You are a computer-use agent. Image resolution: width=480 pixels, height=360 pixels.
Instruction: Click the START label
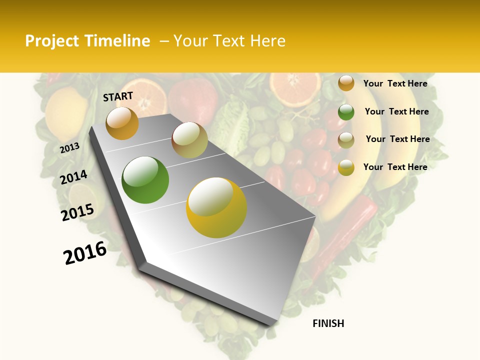coord(118,96)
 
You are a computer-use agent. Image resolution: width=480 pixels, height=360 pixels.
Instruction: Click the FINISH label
coord(328,323)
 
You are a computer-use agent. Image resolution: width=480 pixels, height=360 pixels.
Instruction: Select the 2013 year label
coord(69,148)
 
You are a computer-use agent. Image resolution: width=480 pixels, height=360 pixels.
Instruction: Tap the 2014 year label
coord(73,177)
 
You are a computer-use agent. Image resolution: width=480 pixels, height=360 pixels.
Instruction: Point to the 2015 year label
coord(77,212)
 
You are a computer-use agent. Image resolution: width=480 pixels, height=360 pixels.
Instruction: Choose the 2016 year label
coord(85,253)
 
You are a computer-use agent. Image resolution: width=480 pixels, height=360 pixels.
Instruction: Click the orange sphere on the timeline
coord(122,123)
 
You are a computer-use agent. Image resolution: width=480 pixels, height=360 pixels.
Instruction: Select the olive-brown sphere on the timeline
coord(189,140)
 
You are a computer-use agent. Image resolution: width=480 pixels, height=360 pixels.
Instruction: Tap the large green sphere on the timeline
coord(145,180)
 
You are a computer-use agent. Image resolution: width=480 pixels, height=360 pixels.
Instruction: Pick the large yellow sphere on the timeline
coord(216,207)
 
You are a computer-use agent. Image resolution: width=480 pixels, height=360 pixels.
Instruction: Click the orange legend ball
coord(346,83)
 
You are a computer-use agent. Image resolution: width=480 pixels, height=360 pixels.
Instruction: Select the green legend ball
coord(346,112)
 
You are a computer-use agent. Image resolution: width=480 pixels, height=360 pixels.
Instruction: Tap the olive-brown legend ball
coord(346,140)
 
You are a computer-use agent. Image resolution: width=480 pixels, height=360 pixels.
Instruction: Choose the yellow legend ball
coord(346,167)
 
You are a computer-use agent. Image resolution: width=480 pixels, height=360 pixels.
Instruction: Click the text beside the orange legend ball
coord(395,83)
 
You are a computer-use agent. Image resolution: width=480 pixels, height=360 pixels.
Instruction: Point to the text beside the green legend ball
coord(396,111)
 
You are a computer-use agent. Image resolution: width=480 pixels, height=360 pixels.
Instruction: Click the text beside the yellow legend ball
coord(395,167)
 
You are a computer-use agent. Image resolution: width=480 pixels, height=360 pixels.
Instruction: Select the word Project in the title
coord(51,41)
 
